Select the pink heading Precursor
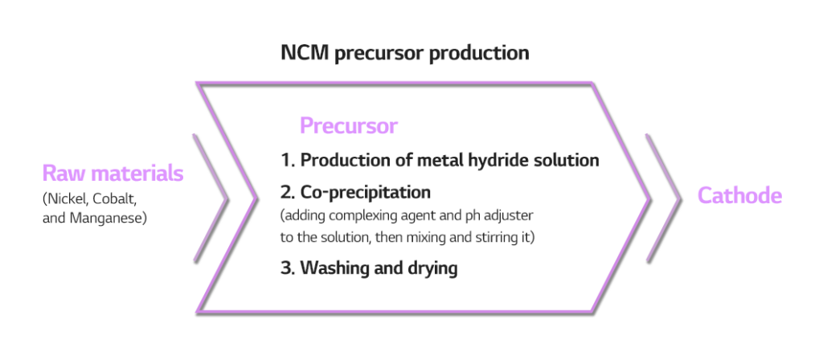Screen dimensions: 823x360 (x=349, y=126)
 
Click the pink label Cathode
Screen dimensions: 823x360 (x=739, y=196)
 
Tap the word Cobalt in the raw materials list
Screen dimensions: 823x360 (x=114, y=199)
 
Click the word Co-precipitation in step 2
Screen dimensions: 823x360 (x=366, y=193)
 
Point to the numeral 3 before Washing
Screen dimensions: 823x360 (x=286, y=268)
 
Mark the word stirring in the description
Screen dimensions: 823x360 (x=493, y=237)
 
